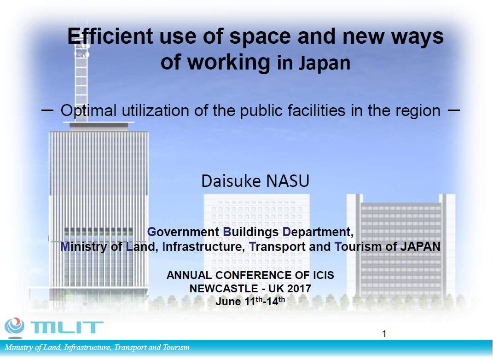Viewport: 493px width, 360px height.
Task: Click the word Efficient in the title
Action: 110,36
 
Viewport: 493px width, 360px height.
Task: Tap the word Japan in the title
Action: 324,64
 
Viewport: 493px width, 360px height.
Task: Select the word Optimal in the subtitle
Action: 89,110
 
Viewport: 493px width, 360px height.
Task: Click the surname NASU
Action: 288,181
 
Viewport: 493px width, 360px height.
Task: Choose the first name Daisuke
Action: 231,181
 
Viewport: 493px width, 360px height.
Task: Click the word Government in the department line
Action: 183,232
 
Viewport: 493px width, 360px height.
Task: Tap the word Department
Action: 318,232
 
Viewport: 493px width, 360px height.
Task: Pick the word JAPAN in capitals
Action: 420,246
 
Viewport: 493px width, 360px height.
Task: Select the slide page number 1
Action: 384,334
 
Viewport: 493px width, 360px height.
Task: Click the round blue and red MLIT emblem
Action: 14,326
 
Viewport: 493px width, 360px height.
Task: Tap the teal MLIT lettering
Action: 67,327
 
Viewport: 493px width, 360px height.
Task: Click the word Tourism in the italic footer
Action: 176,348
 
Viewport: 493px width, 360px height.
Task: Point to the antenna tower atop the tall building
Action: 81,82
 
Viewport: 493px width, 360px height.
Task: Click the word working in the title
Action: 229,63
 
